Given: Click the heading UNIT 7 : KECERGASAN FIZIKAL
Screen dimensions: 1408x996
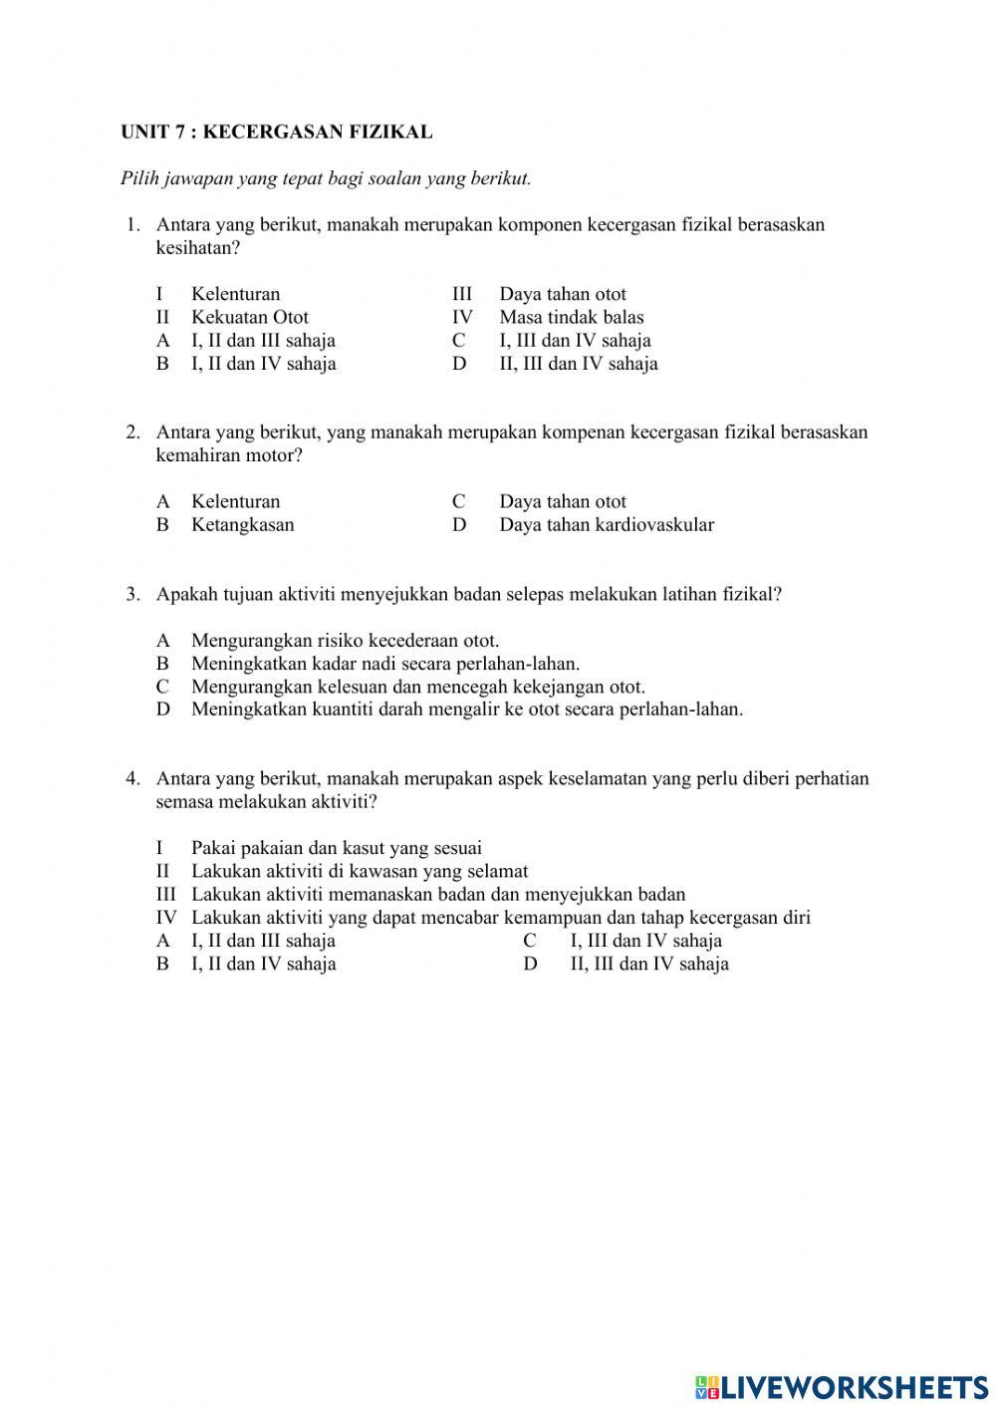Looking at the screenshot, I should coord(276,132).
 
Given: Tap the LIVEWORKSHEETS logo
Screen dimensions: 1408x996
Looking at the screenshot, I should coord(842,1386).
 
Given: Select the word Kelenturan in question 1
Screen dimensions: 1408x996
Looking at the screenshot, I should coord(235,294).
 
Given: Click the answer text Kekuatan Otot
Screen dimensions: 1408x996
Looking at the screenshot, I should coord(250,317).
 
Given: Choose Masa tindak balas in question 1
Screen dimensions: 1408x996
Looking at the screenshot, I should coord(572,317).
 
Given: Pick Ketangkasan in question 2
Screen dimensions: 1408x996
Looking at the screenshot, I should coord(242,524).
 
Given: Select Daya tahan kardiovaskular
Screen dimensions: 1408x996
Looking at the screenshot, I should coord(607,524).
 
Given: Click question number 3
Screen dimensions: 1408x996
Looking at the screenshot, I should coord(132,594).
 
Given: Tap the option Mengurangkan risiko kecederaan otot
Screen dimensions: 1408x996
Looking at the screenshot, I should coord(345,641).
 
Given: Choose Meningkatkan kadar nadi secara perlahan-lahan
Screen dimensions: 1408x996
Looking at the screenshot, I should coord(385,664).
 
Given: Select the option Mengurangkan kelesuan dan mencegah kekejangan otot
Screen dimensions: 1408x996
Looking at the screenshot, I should coord(418,687).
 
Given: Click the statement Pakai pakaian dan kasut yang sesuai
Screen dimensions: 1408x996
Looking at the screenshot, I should coord(337,848).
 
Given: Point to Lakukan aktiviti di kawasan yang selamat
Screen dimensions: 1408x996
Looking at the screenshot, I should coord(360,871).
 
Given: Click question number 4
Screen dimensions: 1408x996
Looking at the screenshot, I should coord(132,778).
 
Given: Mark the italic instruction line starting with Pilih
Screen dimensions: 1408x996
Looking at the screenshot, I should coord(326,179).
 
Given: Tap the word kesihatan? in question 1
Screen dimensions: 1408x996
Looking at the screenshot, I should coord(198,247).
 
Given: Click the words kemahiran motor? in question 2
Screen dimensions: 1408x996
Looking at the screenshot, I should coord(229,455).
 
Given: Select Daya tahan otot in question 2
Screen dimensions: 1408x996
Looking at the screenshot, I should coord(563,501).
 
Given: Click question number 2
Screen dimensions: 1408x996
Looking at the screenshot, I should coord(132,431).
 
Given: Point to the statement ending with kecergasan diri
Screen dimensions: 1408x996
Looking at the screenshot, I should coord(501,917).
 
